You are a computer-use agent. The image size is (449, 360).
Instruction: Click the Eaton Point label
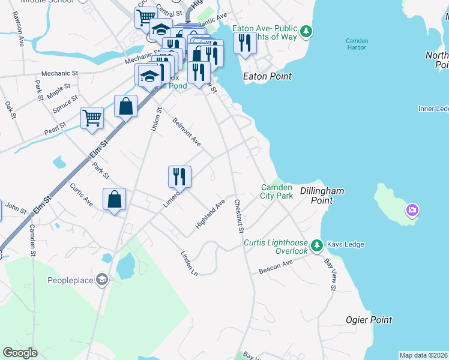tap(267, 76)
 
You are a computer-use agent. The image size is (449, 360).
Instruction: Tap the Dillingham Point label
tap(322, 196)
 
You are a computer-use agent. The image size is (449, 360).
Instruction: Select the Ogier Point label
tap(369, 320)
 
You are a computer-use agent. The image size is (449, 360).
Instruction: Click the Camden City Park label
tap(276, 191)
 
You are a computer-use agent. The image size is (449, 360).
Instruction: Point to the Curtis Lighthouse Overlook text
tap(276, 247)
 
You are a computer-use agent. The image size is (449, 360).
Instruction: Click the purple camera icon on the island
tap(412, 211)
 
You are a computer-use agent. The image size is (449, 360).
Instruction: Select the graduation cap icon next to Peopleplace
tap(102, 280)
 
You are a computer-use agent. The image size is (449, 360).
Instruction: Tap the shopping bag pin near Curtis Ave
tap(115, 199)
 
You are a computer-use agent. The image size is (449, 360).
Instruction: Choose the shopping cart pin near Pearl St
tap(92, 118)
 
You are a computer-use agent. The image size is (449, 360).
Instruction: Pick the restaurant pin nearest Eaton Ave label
tap(244, 43)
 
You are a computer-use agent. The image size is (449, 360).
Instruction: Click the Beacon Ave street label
tap(276, 267)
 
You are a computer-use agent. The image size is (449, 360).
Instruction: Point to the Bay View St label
tap(330, 275)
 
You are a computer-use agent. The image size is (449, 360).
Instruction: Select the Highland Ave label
tap(209, 214)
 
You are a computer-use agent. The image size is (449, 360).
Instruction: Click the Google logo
tap(20, 352)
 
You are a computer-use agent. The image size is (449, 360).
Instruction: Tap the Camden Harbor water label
tap(357, 44)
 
